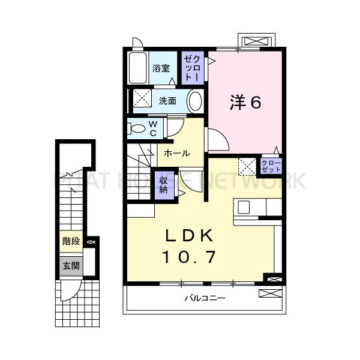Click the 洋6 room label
pos(244,103)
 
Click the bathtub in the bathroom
pos(138,70)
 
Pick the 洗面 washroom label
pos(168,101)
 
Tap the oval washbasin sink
pos(194,101)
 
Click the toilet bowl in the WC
pos(137,128)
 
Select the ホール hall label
pos(177,154)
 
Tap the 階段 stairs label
pos(71,242)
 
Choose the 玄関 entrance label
pos(71,265)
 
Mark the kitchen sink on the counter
pos(244,207)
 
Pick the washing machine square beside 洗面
pos(143,98)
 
